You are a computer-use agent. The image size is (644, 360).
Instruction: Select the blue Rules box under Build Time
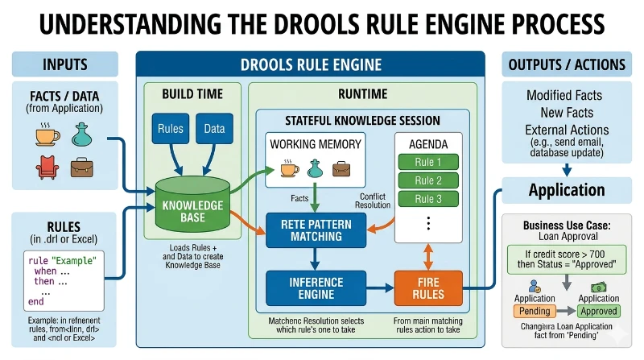(x=170, y=129)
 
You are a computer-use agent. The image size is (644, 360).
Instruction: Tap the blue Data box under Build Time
(x=215, y=129)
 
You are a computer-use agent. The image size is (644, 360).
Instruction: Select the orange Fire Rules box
(x=428, y=288)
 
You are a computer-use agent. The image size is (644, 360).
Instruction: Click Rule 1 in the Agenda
(x=427, y=161)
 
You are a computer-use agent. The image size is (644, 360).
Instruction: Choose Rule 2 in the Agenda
(x=427, y=180)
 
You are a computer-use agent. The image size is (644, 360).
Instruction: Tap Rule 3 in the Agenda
(x=427, y=199)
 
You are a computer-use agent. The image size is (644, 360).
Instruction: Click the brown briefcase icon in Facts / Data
(x=81, y=167)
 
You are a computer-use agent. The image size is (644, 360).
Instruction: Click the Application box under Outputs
(x=567, y=191)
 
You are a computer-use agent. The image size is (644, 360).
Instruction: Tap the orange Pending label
(x=535, y=311)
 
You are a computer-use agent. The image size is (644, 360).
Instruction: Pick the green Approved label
(x=598, y=311)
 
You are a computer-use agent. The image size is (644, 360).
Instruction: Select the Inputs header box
(x=64, y=64)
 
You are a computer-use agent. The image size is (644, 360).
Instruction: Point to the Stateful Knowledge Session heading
(x=362, y=121)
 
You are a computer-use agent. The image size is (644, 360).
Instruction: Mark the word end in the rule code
(x=35, y=301)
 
